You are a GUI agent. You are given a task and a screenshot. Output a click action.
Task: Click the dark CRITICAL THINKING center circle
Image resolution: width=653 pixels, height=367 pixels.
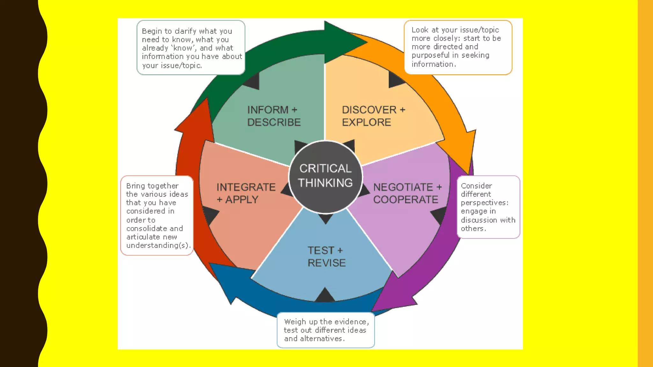[325, 176]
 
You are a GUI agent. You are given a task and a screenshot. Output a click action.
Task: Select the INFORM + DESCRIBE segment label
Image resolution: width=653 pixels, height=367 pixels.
[274, 116]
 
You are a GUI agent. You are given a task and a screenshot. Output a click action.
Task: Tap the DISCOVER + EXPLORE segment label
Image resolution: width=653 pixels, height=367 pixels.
[373, 116]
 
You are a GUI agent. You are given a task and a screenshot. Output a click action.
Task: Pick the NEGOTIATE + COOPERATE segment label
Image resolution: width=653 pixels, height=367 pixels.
[407, 193]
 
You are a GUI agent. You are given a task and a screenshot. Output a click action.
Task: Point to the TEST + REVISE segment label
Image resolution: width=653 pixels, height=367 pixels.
[326, 256]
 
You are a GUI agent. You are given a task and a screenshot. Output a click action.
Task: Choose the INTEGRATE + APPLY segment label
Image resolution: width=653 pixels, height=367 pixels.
[246, 193]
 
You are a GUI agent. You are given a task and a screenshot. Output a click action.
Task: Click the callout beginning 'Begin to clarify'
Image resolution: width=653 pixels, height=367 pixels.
[191, 48]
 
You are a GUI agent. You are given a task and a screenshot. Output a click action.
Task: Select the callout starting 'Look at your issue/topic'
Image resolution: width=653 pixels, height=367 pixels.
[458, 47]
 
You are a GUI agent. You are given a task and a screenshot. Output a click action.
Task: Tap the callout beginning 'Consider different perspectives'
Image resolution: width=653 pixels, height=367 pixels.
[488, 207]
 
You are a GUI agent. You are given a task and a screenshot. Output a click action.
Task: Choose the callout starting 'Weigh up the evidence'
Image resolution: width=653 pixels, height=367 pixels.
[326, 330]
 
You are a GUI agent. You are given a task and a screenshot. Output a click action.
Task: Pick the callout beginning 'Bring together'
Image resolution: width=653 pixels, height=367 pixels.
[157, 215]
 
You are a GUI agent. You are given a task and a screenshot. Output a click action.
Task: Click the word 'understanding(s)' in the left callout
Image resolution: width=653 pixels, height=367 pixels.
[158, 245]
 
